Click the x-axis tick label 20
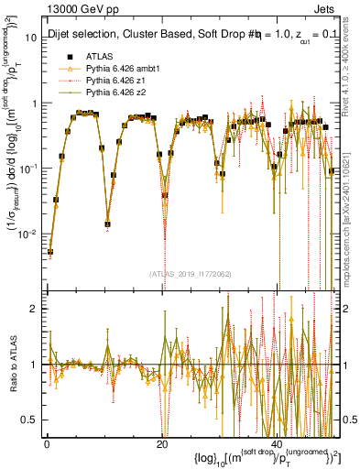[161, 442]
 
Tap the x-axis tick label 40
[278, 442]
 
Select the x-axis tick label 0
[46, 442]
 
